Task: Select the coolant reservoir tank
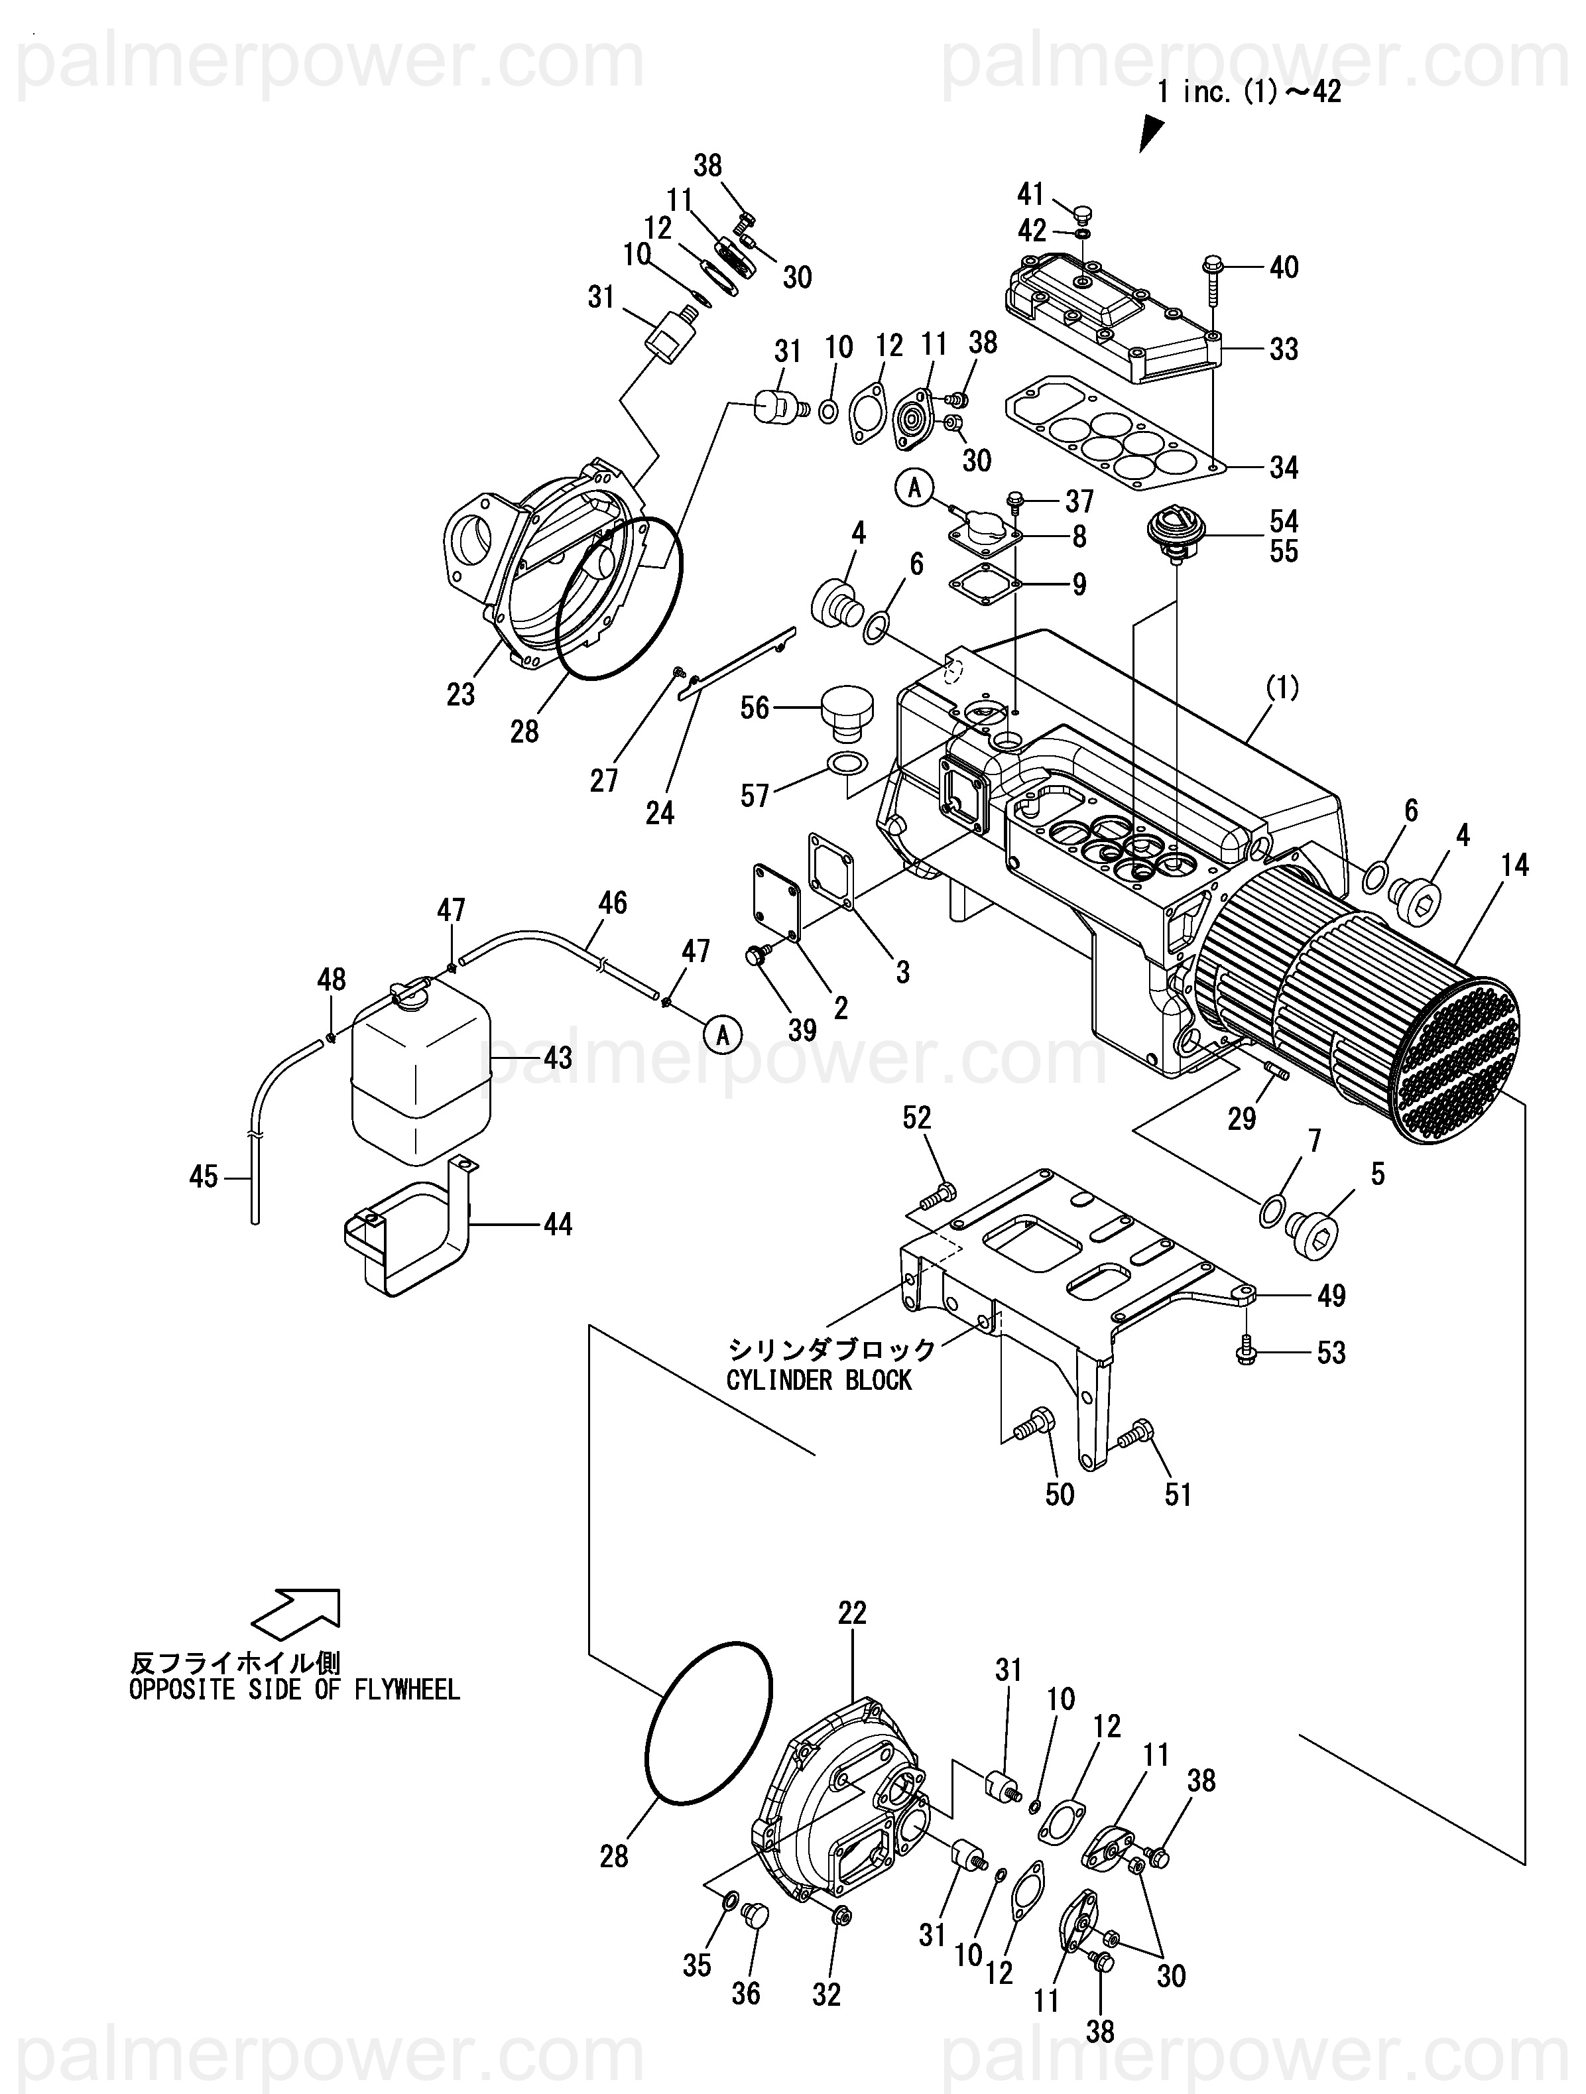point(420,1073)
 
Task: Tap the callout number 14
point(1515,865)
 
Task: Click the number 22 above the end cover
point(852,1612)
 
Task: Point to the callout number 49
point(1331,1296)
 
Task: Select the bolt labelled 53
point(1246,1353)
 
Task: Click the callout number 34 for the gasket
point(1284,467)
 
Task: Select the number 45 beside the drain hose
point(204,1177)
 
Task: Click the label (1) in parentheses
point(1283,688)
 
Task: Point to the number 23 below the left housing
point(460,695)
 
